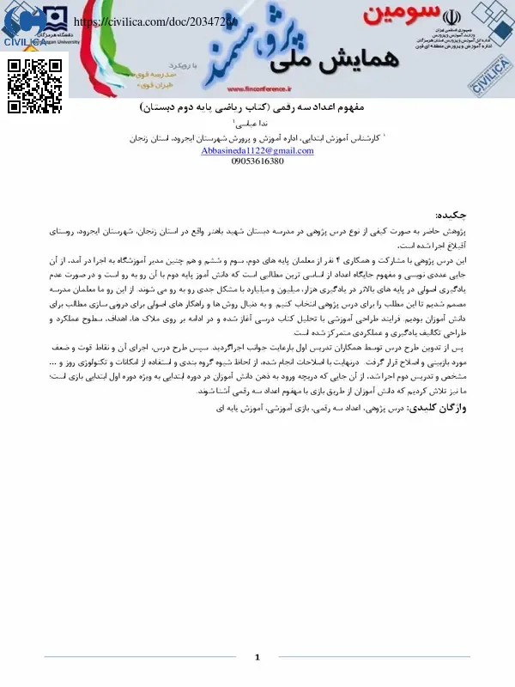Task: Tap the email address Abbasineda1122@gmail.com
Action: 257,150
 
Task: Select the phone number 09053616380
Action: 257,161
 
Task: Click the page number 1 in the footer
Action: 257,658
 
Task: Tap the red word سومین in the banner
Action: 394,15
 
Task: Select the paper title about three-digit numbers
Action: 257,110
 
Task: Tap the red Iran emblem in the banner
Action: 452,15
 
